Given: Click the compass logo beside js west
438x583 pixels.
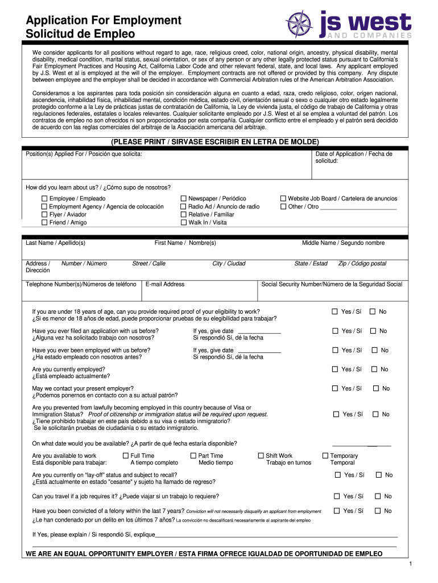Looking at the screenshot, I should [x=299, y=25].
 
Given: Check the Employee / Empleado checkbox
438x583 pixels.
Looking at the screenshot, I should [x=44, y=199].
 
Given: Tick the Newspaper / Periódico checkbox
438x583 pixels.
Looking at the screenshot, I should [x=184, y=199].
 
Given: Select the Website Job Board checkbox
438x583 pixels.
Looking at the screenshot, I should [x=283, y=199].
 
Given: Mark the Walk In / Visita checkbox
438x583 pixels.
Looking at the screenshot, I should [x=184, y=223].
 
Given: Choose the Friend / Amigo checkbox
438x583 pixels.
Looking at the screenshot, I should [x=44, y=223].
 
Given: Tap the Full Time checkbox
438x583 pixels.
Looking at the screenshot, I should [x=126, y=455].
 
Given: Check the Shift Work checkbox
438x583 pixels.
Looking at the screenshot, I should [x=261, y=455].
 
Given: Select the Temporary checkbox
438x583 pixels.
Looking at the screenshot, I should [x=325, y=455].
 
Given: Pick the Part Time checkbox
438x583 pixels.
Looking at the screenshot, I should [x=193, y=455].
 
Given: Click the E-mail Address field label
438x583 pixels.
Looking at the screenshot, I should [x=165, y=284].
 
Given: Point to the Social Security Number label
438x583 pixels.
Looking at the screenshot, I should [x=331, y=284].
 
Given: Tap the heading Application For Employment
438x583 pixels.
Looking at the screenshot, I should [x=104, y=20].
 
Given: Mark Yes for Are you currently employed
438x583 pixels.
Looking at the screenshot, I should [x=336, y=369].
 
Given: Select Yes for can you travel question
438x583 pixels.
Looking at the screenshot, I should [x=337, y=496].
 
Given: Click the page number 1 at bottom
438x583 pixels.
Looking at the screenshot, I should [x=409, y=564].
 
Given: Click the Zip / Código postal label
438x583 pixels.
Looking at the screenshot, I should [x=362, y=264].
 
